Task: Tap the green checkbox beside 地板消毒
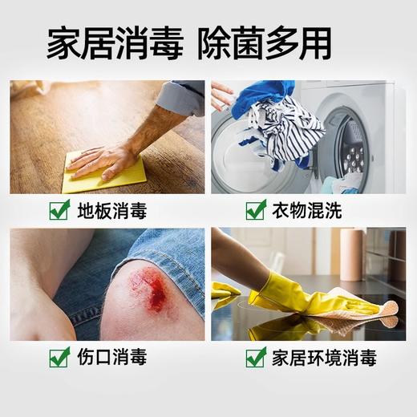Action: [x=59, y=211]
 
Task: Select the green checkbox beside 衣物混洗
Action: [x=255, y=211]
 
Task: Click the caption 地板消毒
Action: [x=112, y=212]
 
